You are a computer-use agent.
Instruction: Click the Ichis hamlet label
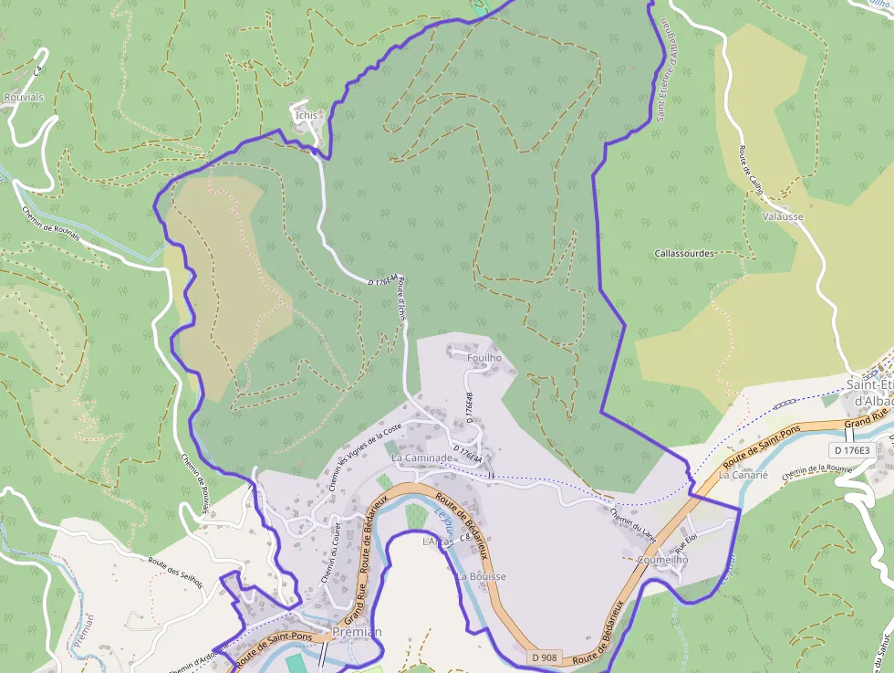point(307,115)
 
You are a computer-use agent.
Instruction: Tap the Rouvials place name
point(24,95)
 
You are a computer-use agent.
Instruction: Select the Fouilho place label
point(484,359)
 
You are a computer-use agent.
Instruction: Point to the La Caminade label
point(421,457)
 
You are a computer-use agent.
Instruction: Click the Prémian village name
point(358,632)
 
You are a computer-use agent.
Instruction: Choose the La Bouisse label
point(481,577)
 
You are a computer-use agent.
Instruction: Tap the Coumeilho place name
point(663,560)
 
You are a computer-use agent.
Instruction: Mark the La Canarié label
point(743,475)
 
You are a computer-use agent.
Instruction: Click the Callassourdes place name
point(684,254)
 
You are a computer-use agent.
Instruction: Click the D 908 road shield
point(544,657)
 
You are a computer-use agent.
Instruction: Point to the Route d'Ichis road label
point(400,300)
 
